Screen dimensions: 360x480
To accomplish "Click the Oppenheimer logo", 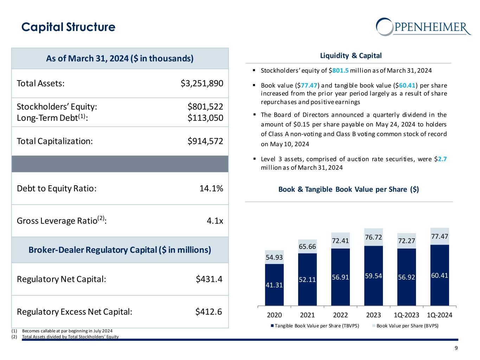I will click(x=423, y=27).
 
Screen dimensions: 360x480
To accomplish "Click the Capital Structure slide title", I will click(x=68, y=27).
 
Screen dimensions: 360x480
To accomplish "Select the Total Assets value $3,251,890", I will click(x=202, y=83).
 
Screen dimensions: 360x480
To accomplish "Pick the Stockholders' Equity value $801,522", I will click(x=205, y=107).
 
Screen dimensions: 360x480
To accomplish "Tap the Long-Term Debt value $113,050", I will click(x=205, y=118).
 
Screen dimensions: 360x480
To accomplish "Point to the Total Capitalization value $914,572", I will click(x=205, y=141).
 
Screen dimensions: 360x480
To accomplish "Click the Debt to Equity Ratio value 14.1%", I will click(x=211, y=188).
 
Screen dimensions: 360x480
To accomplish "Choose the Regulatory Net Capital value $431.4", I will click(x=209, y=279).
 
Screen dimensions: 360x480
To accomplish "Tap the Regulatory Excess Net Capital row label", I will click(x=75, y=312).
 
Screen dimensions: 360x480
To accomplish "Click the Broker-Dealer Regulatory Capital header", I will click(x=120, y=250).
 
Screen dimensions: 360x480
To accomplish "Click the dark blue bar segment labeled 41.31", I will click(x=274, y=285).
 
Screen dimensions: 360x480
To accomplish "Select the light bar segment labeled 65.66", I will click(x=307, y=246).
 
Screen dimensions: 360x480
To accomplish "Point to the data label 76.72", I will click(x=373, y=238).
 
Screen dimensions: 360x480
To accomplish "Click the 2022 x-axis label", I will click(x=340, y=315).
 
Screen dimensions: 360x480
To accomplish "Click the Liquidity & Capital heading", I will click(x=351, y=56).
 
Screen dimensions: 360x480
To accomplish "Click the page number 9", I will click(x=456, y=348).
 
